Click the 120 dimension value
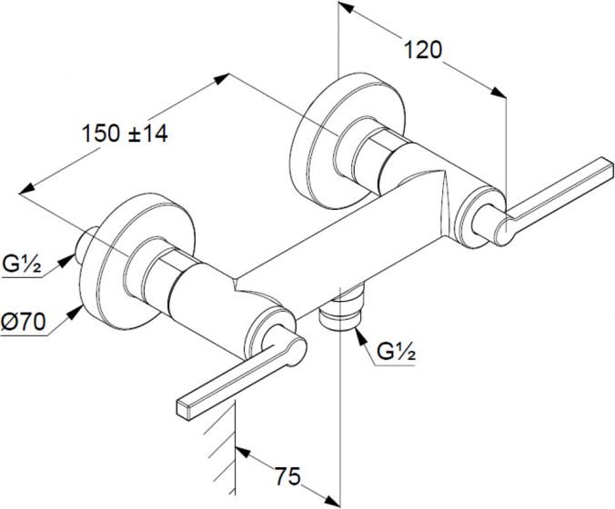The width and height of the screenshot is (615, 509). coord(422,50)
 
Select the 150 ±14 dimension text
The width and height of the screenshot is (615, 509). coord(125,134)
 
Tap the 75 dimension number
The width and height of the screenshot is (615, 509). coord(287,476)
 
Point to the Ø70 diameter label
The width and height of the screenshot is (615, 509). coord(23,322)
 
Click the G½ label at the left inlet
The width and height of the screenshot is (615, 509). coord(22,264)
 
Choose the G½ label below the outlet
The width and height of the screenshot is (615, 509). coord(396,353)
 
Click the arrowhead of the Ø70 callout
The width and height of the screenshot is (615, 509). coord(75,313)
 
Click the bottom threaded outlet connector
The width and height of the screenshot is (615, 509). coord(340,310)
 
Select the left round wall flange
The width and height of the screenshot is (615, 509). coord(138,262)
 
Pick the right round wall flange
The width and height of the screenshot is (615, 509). coord(348,140)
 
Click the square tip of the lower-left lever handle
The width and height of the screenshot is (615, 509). coord(184,410)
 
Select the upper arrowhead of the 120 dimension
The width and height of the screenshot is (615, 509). coord(346,9)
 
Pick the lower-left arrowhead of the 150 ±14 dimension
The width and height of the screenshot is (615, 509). coord(26,188)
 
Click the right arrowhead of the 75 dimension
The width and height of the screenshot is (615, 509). coord(332,500)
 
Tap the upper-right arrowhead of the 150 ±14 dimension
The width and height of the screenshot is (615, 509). coord(221,78)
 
